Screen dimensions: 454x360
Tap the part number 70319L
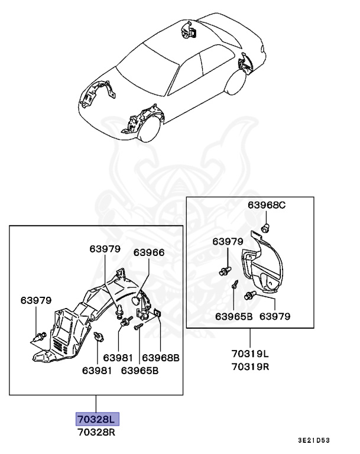coord(249,354)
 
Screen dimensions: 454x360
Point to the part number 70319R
coord(249,366)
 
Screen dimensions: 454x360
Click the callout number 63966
coord(148,251)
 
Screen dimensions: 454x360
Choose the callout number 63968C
coord(266,205)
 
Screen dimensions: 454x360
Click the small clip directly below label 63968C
coord(266,226)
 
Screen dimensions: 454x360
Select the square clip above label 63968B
coord(158,313)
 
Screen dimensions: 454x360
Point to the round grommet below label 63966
coord(137,300)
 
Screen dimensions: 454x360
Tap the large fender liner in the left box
coord(89,319)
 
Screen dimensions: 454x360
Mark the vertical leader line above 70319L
coord(249,338)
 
